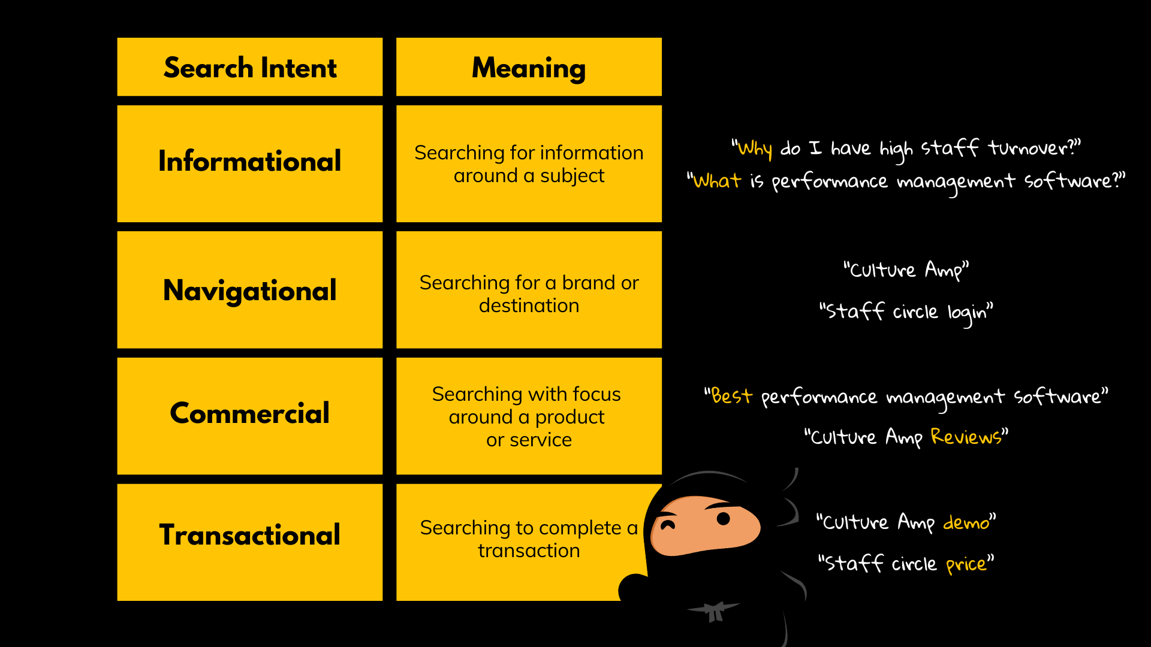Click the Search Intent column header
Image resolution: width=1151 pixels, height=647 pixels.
[249, 67]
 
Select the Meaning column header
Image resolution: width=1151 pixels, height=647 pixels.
[529, 67]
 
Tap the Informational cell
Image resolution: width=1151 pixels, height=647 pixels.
[249, 162]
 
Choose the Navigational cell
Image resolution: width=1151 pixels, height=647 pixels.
[249, 291]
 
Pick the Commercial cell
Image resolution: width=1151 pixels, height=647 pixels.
[249, 413]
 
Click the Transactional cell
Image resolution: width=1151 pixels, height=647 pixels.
[249, 535]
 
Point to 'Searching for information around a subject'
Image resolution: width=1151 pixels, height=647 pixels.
[529, 164]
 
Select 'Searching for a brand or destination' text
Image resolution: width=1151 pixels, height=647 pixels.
[529, 294]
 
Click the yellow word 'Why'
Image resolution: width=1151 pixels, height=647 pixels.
[755, 149]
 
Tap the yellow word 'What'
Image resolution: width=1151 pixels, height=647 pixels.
[717, 181]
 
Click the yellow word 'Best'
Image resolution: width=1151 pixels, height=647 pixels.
[731, 396]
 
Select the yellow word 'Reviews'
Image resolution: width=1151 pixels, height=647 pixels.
[966, 437]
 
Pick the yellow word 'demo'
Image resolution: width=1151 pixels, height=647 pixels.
[966, 523]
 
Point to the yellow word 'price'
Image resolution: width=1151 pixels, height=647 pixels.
[966, 564]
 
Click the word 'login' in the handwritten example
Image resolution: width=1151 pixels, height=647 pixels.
[966, 313]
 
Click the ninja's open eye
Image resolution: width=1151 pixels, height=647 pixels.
[724, 519]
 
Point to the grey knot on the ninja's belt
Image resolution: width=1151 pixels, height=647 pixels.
[713, 612]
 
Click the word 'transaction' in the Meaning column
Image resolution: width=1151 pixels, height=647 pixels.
[529, 551]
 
